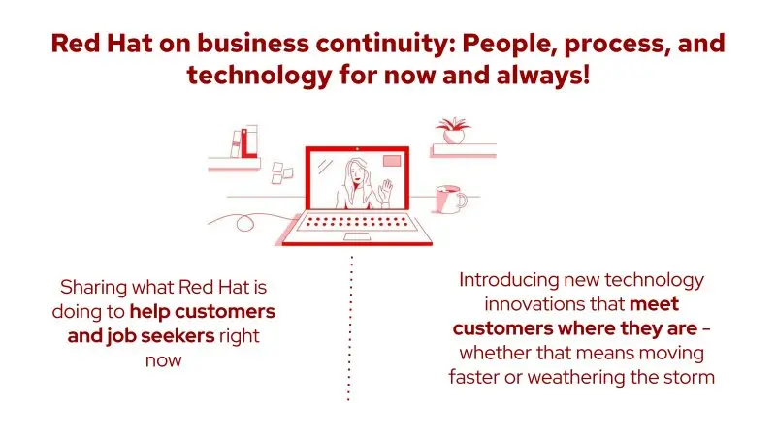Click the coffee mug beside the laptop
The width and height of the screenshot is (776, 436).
(x=451, y=200)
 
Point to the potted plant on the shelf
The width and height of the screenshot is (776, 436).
(x=452, y=131)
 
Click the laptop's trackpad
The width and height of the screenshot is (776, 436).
(x=357, y=236)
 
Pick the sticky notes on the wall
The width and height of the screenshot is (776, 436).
(x=281, y=172)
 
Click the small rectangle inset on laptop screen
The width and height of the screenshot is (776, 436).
(x=392, y=161)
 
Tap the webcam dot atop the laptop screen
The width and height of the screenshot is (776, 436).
(x=357, y=148)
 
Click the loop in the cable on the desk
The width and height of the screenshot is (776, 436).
(x=244, y=223)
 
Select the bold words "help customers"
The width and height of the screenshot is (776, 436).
(x=203, y=311)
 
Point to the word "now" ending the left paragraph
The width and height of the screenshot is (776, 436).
(x=163, y=360)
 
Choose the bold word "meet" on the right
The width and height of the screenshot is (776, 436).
(x=654, y=304)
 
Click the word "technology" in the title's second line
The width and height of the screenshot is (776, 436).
(x=259, y=77)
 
